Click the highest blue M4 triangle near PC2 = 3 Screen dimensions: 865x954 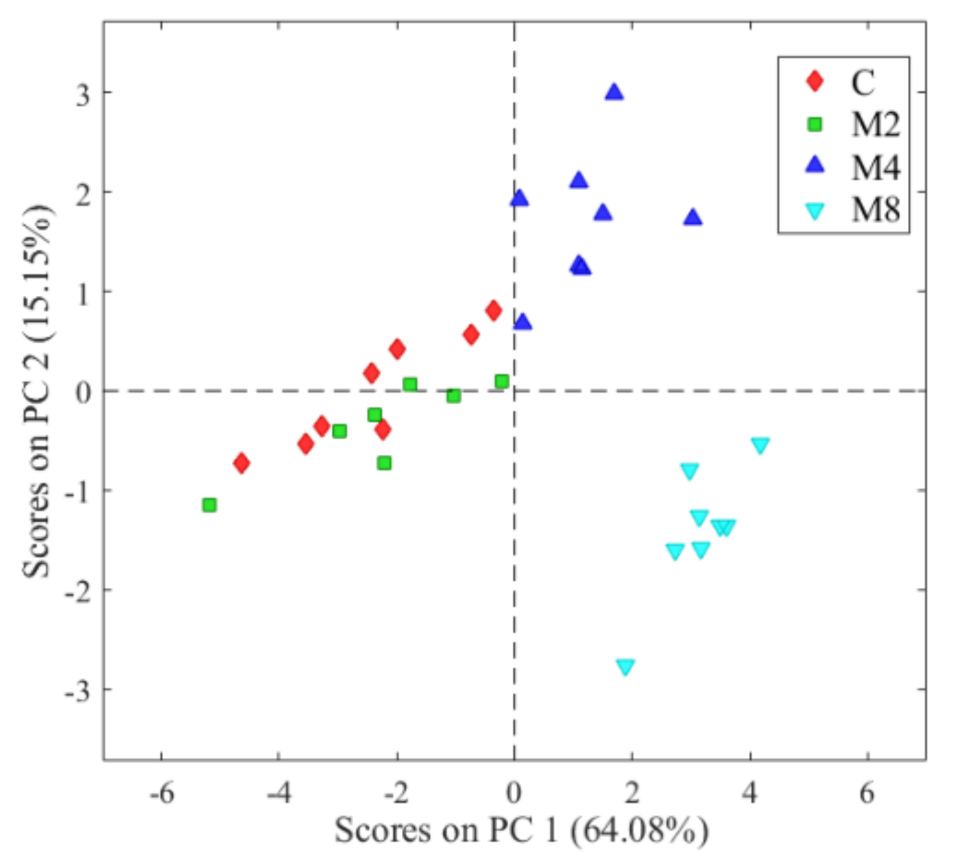pyautogui.click(x=614, y=92)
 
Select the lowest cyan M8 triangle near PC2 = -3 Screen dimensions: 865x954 pyautogui.click(x=625, y=667)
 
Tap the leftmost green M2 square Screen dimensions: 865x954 pyautogui.click(x=210, y=505)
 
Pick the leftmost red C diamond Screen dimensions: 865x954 pyautogui.click(x=242, y=463)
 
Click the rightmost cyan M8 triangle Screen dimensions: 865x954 pyautogui.click(x=760, y=445)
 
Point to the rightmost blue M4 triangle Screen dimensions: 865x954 pyautogui.click(x=693, y=217)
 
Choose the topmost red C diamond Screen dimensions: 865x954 pyautogui.click(x=493, y=311)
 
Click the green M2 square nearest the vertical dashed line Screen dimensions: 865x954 pyautogui.click(x=502, y=381)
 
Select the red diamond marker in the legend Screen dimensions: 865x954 pyautogui.click(x=815, y=81)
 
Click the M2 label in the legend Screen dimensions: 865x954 pyautogui.click(x=875, y=124)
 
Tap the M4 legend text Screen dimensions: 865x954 pyautogui.click(x=875, y=168)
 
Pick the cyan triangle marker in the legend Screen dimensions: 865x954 pyautogui.click(x=815, y=211)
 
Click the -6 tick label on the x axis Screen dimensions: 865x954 pyautogui.click(x=162, y=794)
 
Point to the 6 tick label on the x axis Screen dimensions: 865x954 pyautogui.click(x=867, y=794)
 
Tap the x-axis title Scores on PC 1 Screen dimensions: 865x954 pyautogui.click(x=521, y=830)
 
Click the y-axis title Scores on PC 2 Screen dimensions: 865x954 pyautogui.click(x=38, y=391)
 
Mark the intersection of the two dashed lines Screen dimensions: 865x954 pyautogui.click(x=515, y=391)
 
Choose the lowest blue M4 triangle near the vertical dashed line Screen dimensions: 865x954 pyautogui.click(x=523, y=322)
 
